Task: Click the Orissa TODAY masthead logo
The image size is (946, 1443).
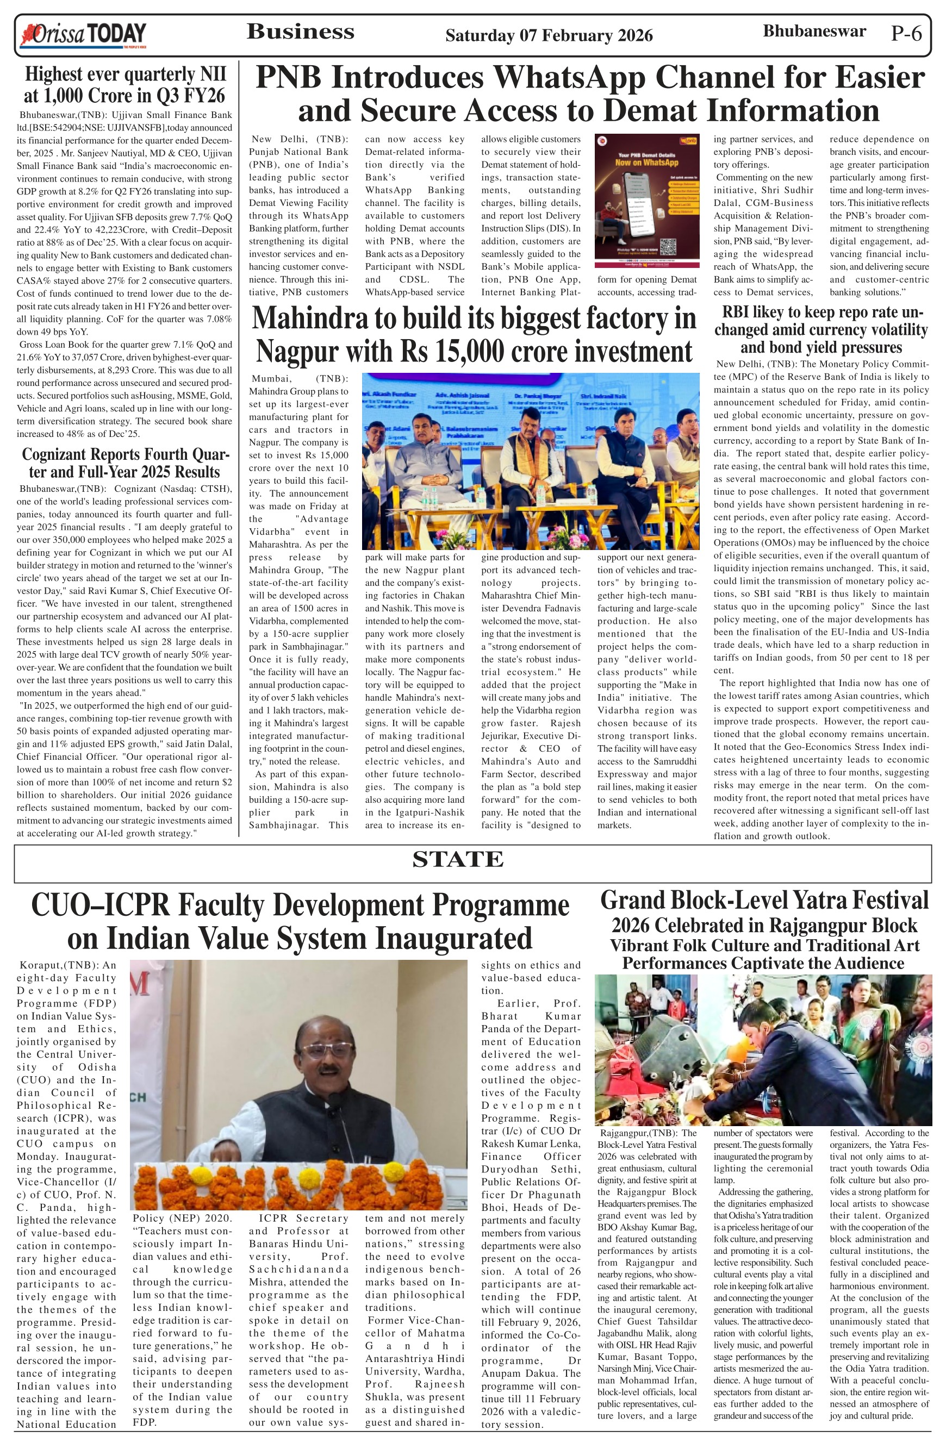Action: coord(84,35)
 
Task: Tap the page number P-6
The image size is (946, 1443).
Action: coord(906,33)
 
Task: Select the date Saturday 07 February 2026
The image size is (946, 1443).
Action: coord(549,36)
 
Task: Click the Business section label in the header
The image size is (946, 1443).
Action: coord(300,32)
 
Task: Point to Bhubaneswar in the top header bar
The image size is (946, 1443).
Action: coord(814,31)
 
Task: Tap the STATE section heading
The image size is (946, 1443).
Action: coord(458,859)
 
